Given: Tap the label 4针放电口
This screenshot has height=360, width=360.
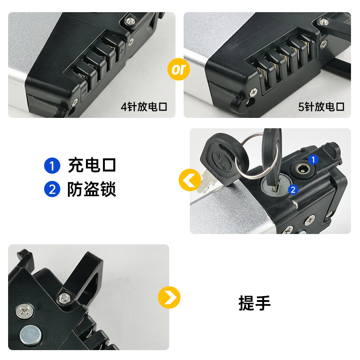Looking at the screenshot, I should click(144, 107).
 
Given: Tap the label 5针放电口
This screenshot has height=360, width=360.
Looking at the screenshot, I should click(321, 107).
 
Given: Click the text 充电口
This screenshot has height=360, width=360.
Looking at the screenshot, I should click(92, 166).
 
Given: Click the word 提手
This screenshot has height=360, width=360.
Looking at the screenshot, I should click(255, 303).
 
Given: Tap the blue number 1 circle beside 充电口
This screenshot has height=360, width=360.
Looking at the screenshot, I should click(52, 166).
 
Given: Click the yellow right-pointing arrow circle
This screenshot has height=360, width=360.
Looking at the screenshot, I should click(169, 297).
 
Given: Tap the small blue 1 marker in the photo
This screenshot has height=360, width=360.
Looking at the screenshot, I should click(314, 159).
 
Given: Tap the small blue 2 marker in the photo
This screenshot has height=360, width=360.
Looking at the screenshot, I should click(293, 190).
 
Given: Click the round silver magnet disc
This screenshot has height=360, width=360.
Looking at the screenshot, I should click(30, 335).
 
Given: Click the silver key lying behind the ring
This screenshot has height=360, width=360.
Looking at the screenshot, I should click(208, 180).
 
